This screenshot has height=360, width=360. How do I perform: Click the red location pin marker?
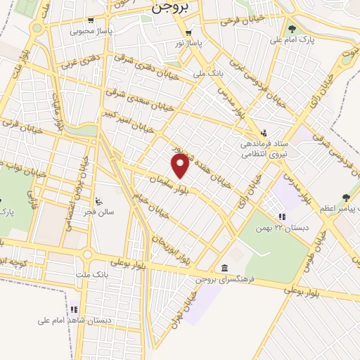(181, 165)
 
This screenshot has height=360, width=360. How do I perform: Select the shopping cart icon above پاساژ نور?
(188, 33)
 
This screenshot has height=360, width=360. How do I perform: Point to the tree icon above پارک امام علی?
(292, 29)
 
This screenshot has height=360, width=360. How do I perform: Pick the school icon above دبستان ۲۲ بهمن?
(282, 217)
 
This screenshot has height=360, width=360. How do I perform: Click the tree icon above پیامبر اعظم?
(345, 198)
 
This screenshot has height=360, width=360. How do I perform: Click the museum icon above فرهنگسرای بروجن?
(224, 268)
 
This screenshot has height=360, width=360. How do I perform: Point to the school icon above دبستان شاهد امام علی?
(75, 309)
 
